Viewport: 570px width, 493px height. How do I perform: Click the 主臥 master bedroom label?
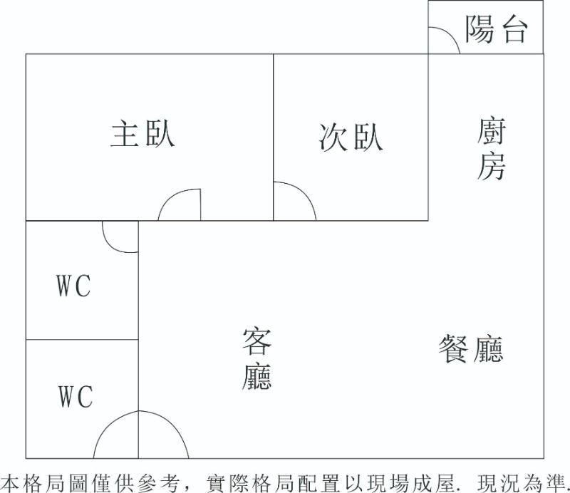tap(142, 134)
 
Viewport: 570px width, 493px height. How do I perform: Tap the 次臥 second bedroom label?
tap(351, 137)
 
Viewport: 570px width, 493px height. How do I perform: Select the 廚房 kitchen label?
tap(492, 150)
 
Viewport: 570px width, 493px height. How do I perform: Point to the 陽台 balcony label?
tap(497, 30)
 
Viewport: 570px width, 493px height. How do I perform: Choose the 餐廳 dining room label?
tap(470, 350)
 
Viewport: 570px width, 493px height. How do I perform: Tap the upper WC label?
tap(74, 287)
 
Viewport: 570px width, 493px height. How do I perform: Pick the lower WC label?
tap(75, 396)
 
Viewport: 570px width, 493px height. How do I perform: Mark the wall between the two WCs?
tap(82, 340)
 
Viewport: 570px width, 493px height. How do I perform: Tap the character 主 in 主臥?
tap(125, 134)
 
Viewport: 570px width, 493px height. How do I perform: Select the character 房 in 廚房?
tap(492, 167)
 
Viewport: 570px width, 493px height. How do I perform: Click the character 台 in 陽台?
tap(514, 30)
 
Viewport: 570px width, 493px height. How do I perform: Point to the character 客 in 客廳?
tap(256, 341)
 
